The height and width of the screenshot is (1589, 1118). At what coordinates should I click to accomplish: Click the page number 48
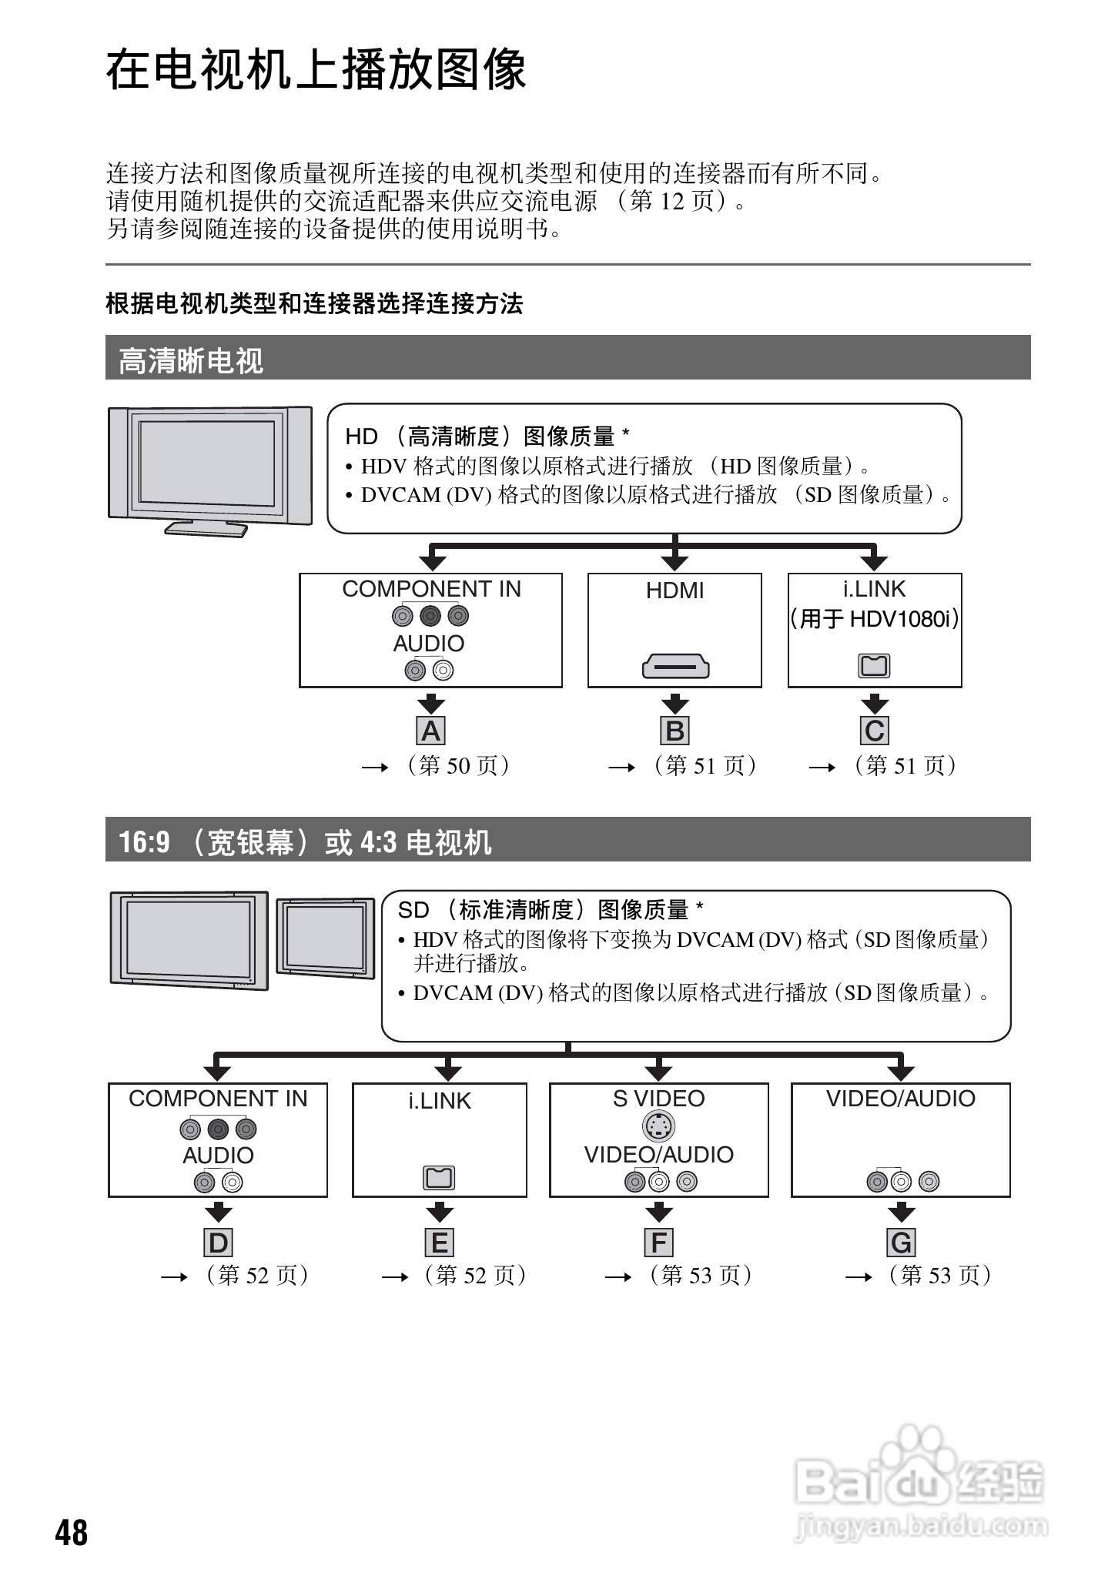coord(72,1532)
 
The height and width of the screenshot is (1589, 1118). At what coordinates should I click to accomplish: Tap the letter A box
coord(431,731)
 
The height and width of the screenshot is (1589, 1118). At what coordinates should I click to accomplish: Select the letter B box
coord(675,731)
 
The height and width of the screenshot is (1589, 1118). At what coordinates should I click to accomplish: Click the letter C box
coord(875,731)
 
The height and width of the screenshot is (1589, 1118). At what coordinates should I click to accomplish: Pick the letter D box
coord(219,1243)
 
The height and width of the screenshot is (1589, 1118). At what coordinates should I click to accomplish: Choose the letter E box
coord(440,1243)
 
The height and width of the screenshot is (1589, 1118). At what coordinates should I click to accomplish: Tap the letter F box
coord(659,1243)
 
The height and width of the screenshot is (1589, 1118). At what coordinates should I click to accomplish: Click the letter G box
coord(901,1243)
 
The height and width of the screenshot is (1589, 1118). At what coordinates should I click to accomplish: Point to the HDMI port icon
coord(675,666)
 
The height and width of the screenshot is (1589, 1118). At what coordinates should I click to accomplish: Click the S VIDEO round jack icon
coord(658,1127)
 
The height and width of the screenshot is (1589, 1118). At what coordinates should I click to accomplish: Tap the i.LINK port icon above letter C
coord(875,665)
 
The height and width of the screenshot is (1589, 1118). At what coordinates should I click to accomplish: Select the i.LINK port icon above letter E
coord(440,1177)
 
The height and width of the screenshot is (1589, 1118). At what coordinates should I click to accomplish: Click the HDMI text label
coord(675,590)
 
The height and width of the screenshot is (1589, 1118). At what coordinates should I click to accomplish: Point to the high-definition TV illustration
coord(209,470)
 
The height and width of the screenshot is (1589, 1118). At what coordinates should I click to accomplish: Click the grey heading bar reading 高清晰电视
coord(567,359)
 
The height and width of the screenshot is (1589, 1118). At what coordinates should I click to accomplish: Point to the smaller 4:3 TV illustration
coord(326,938)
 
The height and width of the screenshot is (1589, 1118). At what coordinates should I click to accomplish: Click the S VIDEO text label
coord(659,1099)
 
